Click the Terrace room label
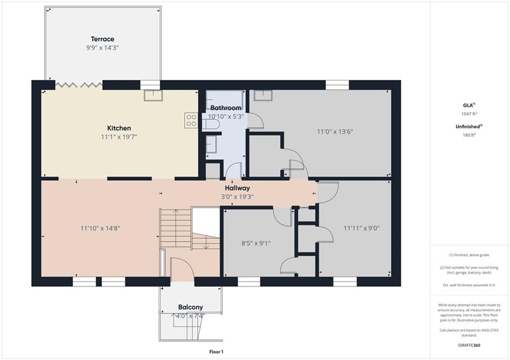(103, 39)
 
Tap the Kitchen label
(119, 128)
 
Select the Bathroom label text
(226, 108)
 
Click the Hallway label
(238, 188)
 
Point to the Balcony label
(191, 307)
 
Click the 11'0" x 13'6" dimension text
(335, 132)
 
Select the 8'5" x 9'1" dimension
(256, 243)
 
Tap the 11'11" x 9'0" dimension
(362, 228)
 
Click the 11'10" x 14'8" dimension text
(100, 228)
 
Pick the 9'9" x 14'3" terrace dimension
(103, 48)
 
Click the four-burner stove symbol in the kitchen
(191, 120)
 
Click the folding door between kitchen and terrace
(78, 85)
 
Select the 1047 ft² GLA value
(469, 114)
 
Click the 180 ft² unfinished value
(469, 135)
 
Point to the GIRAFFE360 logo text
(469, 345)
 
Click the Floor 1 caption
(216, 352)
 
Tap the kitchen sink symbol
(153, 95)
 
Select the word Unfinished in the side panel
(468, 126)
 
